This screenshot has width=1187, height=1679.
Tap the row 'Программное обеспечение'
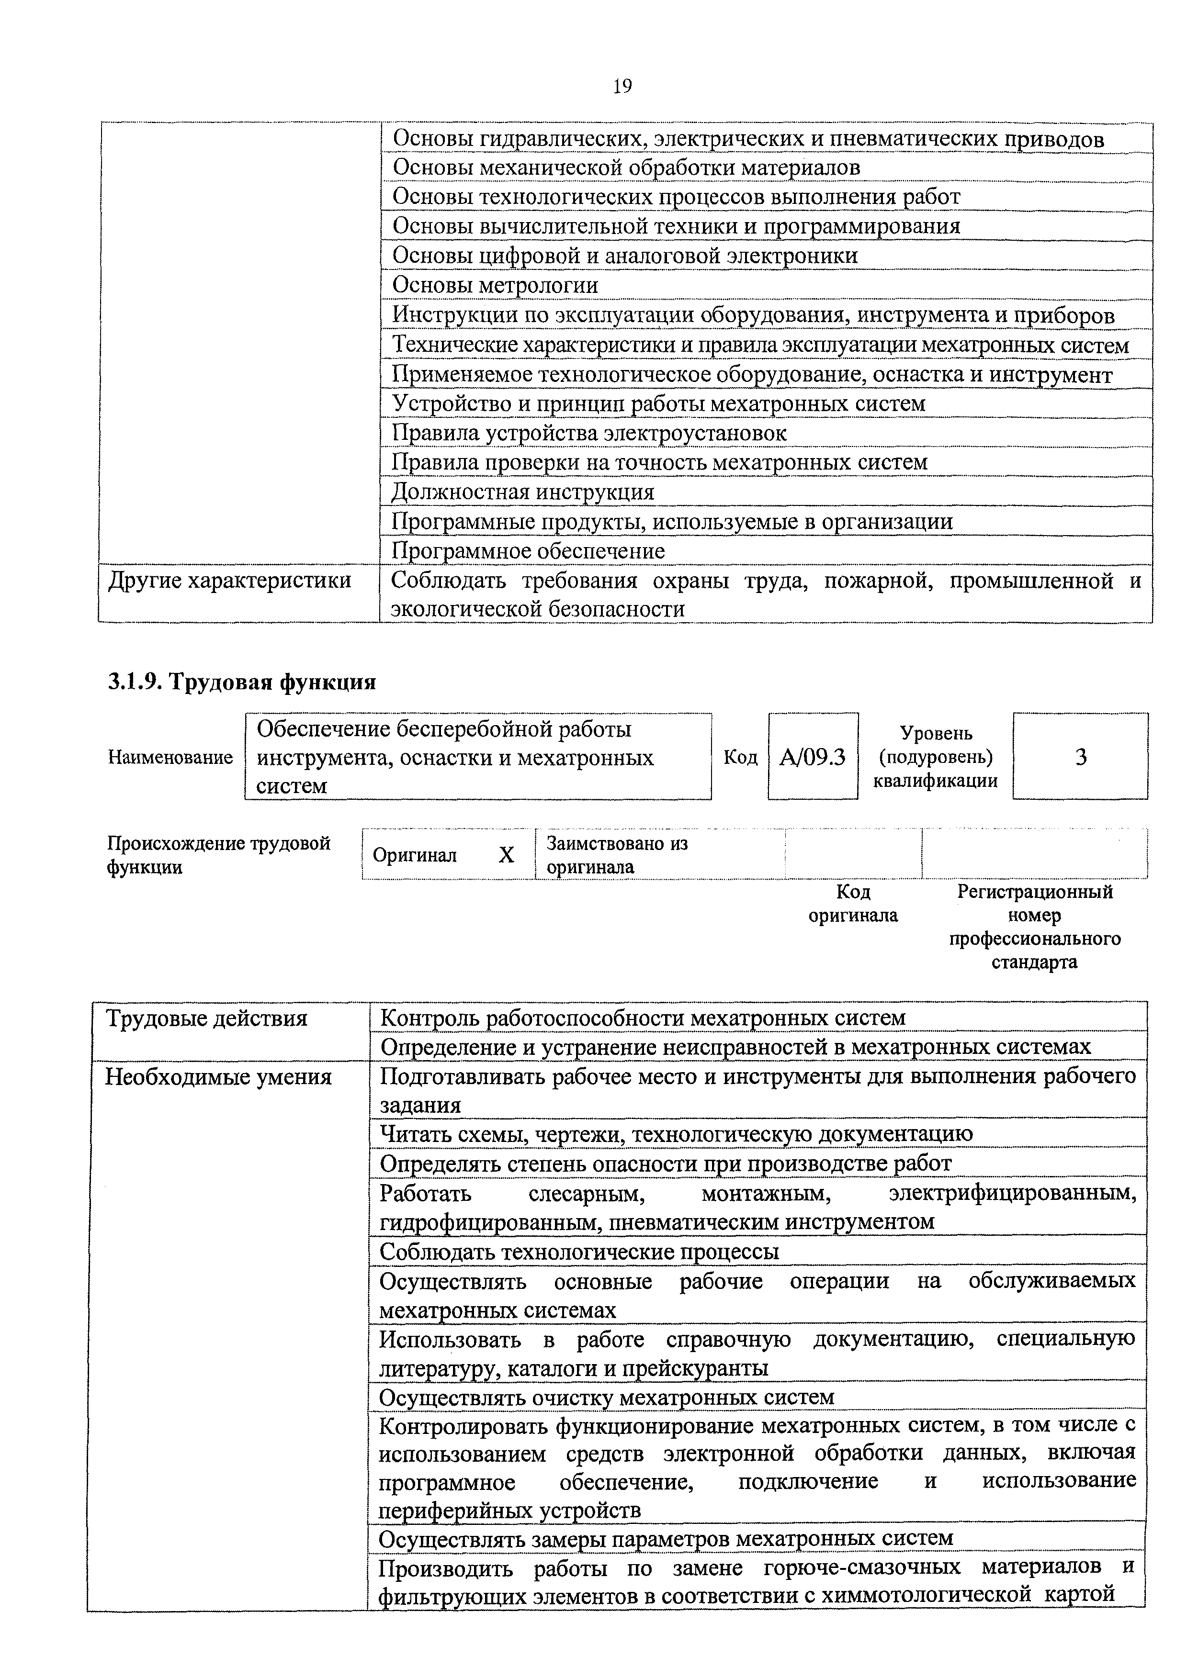(528, 550)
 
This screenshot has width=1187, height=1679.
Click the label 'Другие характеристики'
(230, 581)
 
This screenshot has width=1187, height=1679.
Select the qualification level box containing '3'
(1080, 757)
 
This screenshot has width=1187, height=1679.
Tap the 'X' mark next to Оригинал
(506, 855)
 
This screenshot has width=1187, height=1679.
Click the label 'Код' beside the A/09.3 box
(740, 757)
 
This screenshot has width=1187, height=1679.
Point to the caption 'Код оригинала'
(853, 904)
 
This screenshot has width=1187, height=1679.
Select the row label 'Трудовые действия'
(207, 1018)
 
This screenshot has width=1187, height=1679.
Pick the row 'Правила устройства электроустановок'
(589, 433)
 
